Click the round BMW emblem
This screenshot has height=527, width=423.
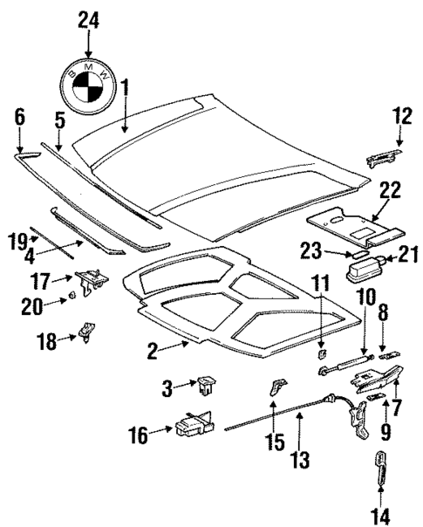[x=86, y=88]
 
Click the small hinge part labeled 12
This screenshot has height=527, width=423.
[x=385, y=156]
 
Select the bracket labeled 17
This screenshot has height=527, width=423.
[x=92, y=280]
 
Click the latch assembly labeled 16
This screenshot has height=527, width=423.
[x=193, y=427]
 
